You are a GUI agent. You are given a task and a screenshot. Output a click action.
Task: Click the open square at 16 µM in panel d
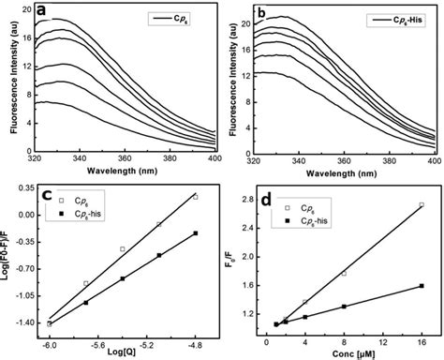click(x=422, y=204)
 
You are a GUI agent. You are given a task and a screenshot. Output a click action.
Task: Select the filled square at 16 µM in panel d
click(x=422, y=286)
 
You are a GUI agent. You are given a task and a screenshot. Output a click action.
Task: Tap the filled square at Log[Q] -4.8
click(x=195, y=232)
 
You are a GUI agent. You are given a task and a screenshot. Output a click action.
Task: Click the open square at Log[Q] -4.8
click(x=195, y=197)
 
